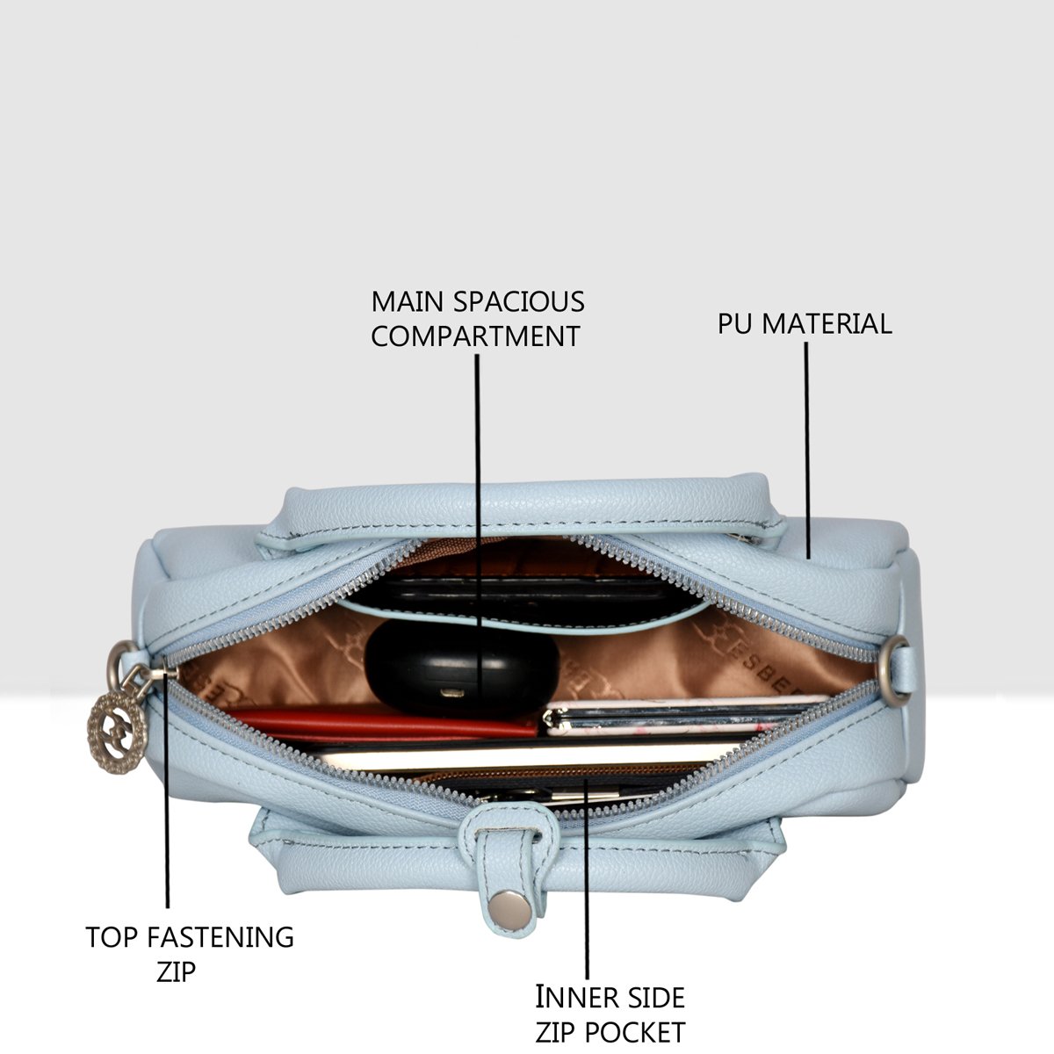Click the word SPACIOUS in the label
click(518, 302)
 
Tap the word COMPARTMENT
click(475, 336)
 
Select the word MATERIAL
click(827, 324)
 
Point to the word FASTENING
click(220, 937)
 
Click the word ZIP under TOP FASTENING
click(176, 972)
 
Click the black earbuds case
click(462, 667)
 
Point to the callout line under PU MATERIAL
click(807, 451)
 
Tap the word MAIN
click(407, 302)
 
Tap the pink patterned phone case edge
click(683, 717)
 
